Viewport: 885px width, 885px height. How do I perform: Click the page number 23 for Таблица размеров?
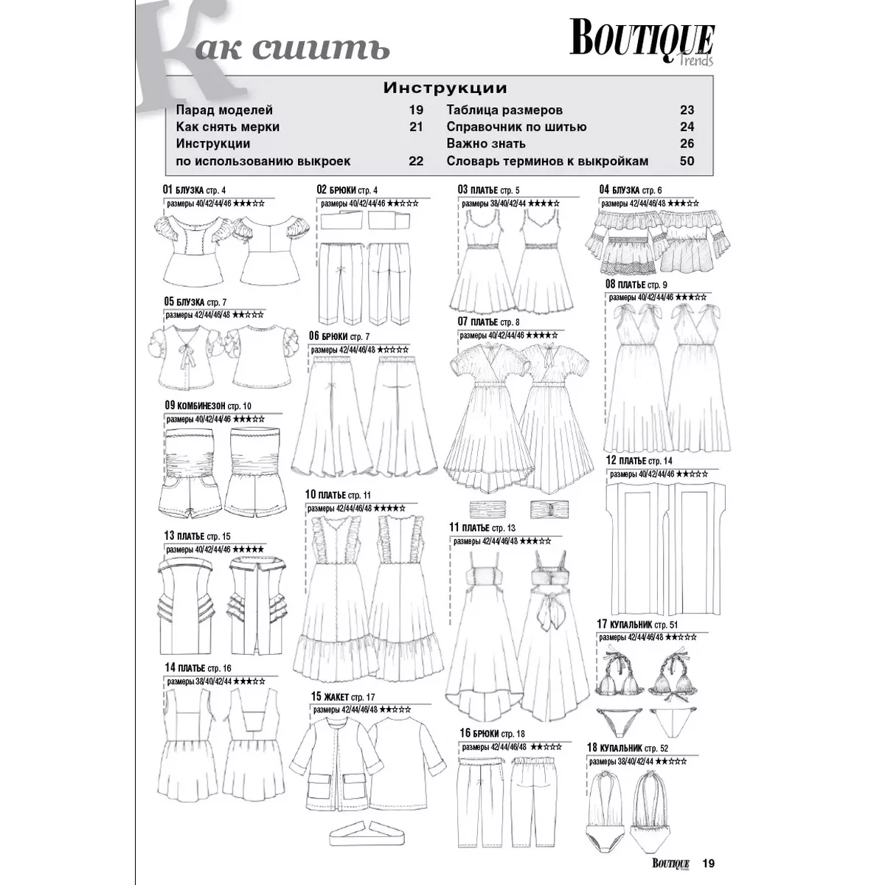click(687, 110)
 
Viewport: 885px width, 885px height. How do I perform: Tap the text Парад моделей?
click(224, 110)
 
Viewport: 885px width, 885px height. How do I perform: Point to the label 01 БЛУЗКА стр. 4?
click(194, 190)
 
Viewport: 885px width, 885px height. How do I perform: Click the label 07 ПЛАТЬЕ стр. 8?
click(488, 322)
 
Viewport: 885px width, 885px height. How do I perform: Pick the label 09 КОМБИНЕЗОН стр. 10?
click(208, 406)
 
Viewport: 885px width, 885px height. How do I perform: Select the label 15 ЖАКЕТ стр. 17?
click(343, 697)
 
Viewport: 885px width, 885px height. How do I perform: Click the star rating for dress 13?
click(249, 549)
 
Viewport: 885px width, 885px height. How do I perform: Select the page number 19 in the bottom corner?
click(709, 864)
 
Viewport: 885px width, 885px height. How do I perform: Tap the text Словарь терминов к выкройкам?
click(547, 161)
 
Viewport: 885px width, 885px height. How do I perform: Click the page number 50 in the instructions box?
click(687, 161)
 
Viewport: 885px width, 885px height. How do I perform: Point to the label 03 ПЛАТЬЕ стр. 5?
click(488, 190)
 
